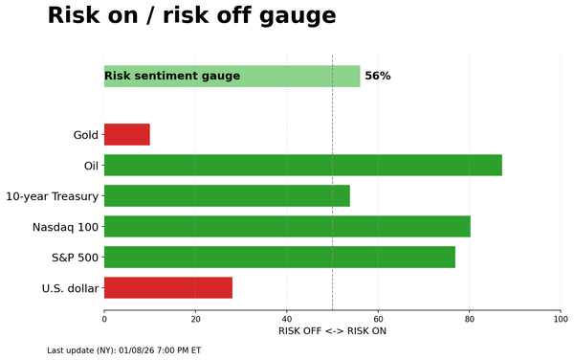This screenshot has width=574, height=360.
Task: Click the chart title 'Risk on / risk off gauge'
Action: [191, 16]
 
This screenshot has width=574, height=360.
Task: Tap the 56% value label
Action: [378, 77]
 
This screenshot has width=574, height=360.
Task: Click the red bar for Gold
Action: [126, 134]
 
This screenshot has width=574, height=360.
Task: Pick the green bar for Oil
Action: [302, 165]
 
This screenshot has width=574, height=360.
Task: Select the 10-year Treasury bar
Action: [227, 195]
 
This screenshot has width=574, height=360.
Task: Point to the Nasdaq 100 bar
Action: [287, 226]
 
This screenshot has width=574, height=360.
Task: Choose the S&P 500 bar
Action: [279, 257]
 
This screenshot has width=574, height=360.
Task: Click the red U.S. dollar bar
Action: [167, 287]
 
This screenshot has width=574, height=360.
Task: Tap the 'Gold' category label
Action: [85, 135]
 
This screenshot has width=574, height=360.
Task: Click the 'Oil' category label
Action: [91, 166]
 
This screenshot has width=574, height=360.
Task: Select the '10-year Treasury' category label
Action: [52, 196]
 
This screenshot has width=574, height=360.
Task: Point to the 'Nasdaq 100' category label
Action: [65, 227]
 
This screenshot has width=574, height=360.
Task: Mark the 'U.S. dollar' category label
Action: [70, 288]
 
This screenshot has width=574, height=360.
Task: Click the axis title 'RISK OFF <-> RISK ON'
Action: [332, 331]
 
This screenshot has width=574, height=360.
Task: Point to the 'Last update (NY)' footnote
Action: [123, 350]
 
